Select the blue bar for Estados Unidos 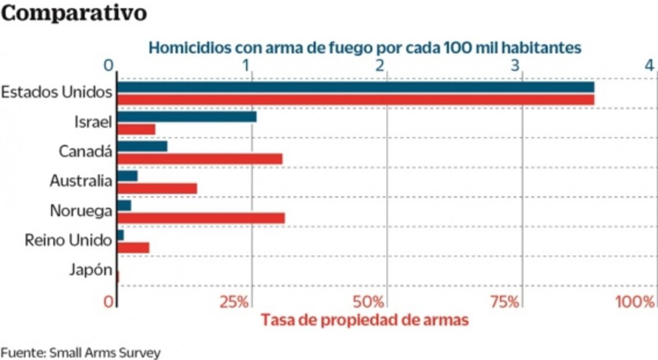point(355,87)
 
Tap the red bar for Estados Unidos point(355,99)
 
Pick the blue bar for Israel point(186,117)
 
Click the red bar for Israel point(136,129)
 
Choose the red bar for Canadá point(200,159)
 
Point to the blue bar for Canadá point(142,146)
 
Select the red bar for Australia point(157,188)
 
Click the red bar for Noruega point(201,218)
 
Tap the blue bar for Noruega point(124,206)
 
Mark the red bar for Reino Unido point(133,247)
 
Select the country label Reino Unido point(68,240)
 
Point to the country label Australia point(80,181)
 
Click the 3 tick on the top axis point(515,66)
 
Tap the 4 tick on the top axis point(650,66)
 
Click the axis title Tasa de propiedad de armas point(364,320)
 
